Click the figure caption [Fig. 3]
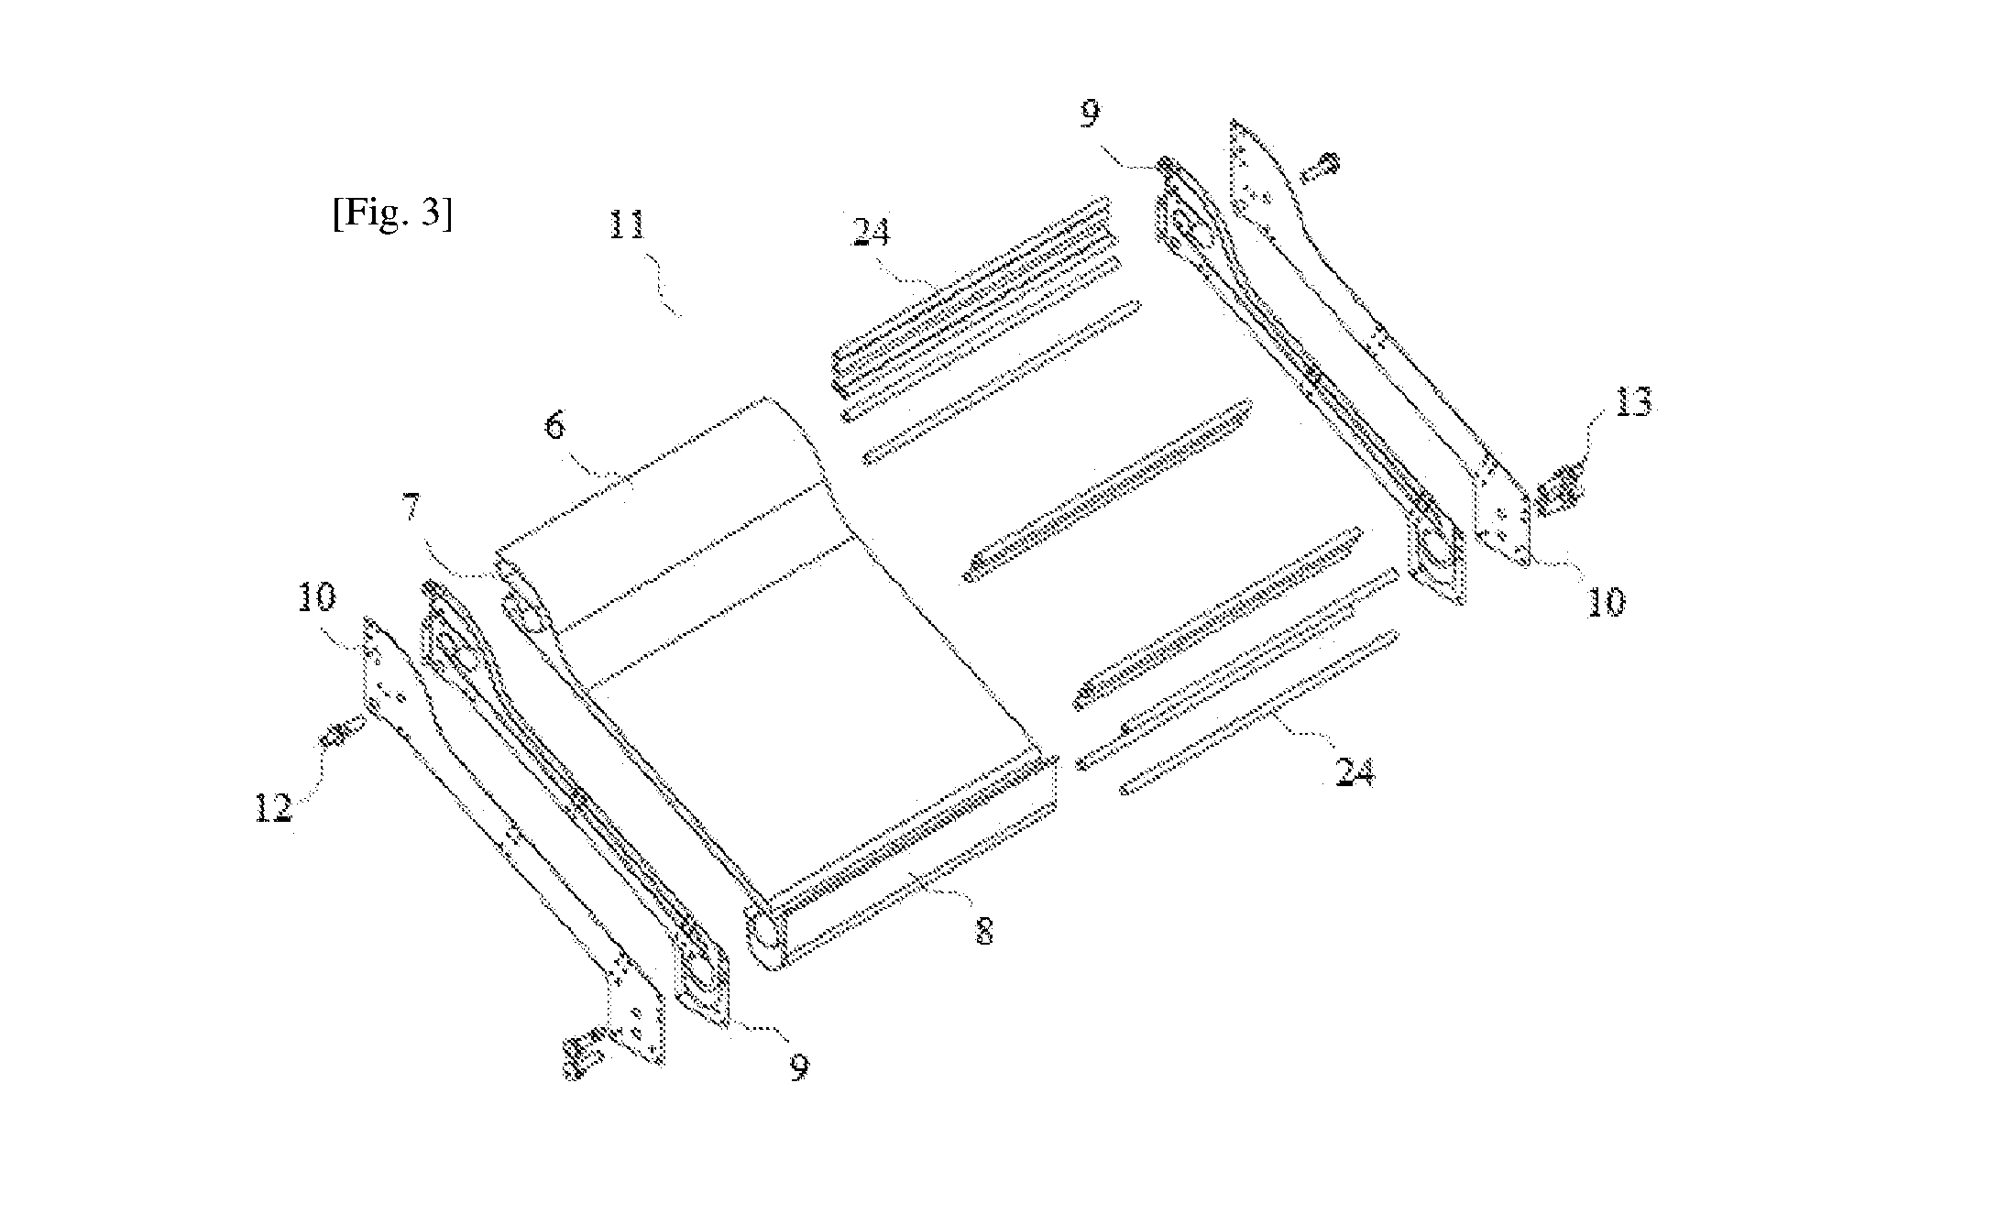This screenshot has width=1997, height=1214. pyautogui.click(x=391, y=215)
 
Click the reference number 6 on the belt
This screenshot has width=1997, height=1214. pyautogui.click(x=556, y=427)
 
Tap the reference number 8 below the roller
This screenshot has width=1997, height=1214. pyautogui.click(x=983, y=933)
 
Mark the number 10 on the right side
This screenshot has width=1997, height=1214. pyautogui.click(x=1604, y=602)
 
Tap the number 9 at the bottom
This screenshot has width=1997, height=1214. pyautogui.click(x=799, y=1066)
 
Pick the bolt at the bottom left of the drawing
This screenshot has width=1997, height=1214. pyautogui.click(x=584, y=1057)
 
